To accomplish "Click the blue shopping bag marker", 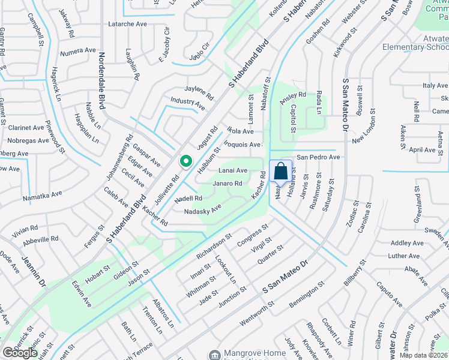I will coord(280,172).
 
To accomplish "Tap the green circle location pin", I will coord(186,161).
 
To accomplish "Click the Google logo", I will coord(20,353).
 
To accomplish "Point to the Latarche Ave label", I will coord(127,24).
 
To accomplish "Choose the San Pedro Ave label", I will coord(318,157).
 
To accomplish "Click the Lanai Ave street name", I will coord(232,171).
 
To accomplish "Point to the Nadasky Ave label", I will coord(203,210).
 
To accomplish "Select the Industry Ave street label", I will coord(187,104).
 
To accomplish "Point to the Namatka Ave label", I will coord(42,195).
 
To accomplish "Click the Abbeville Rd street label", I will coord(41,238).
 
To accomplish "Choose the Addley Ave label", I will coord(407,243).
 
